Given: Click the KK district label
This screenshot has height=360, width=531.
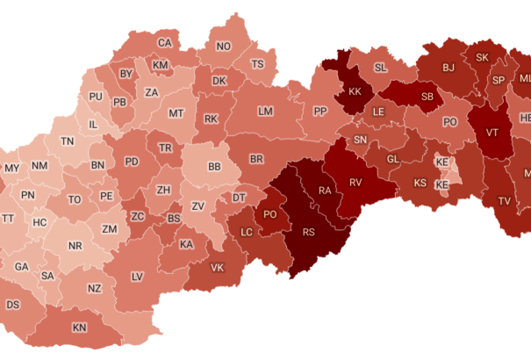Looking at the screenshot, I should tap(355, 91).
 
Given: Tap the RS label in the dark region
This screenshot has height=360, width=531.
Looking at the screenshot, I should tap(309, 233).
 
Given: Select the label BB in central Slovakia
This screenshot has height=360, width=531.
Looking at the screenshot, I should tap(214, 166).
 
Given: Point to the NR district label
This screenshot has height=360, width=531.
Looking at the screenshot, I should tap(75, 247).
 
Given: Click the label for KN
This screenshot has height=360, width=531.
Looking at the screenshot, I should tap(80, 328).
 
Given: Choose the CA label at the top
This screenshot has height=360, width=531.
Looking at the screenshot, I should tap(165, 43).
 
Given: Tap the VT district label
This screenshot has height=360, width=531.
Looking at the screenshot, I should tap(492, 133).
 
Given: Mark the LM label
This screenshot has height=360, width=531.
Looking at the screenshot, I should tap(266, 112).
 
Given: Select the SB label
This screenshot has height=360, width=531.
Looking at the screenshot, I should tap(428, 97).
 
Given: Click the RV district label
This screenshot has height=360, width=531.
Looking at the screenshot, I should tap(355, 182).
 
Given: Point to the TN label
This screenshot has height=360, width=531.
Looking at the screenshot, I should tap(68, 141).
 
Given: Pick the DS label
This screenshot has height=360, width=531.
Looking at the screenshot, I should tap(13, 305).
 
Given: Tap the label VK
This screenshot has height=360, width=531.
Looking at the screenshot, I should tap(218, 268).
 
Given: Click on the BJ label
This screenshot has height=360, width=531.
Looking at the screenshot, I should tap(448, 67).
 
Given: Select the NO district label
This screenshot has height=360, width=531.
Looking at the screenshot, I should tap(224, 47).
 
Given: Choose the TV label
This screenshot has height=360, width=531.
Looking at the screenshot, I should tap(505, 201).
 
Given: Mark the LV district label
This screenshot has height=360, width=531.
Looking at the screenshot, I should tap(137, 277).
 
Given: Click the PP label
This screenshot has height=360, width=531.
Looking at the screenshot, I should tap(320, 112).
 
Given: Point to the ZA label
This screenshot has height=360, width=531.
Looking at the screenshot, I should tap(152, 92).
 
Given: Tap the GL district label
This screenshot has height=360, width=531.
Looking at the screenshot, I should tap(392, 159).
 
